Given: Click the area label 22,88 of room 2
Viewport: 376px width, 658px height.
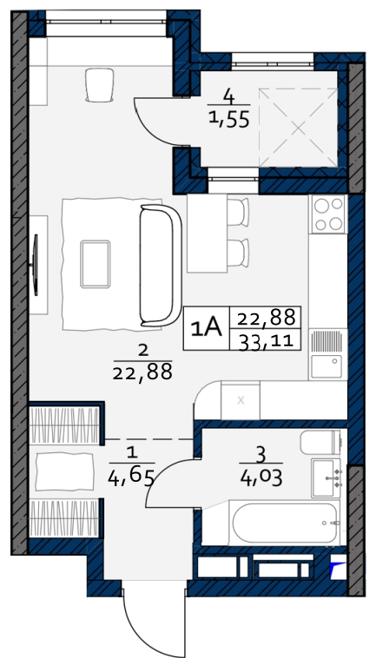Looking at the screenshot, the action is (x=142, y=371).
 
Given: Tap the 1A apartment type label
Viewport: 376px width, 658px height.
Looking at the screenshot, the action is (x=206, y=328).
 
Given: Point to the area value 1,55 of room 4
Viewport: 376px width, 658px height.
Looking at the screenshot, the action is (x=229, y=119).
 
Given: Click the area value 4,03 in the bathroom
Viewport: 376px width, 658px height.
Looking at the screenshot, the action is (x=261, y=477).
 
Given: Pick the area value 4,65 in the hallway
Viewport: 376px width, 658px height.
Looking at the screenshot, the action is (x=131, y=477).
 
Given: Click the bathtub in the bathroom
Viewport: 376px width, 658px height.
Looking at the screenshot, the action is (x=286, y=523).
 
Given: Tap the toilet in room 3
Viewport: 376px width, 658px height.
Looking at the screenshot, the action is (x=321, y=442).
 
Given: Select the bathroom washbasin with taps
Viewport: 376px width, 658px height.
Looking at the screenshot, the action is (x=327, y=478).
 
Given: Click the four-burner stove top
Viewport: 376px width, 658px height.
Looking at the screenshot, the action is (x=328, y=214).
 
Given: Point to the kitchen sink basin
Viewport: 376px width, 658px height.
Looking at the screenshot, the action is (x=326, y=366).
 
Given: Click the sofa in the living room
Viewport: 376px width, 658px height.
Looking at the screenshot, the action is (x=161, y=266).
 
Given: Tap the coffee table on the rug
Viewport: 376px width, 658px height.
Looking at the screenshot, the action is (x=96, y=264).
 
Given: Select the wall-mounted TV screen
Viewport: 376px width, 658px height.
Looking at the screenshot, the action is (x=36, y=265).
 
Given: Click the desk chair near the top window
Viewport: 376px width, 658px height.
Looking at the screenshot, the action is (x=100, y=85).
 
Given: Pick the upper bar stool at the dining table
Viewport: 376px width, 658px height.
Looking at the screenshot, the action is (x=238, y=213).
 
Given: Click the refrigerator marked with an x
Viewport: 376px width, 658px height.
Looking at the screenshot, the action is (x=241, y=401).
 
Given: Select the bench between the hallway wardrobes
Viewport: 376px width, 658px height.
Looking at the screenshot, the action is (x=64, y=472).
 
